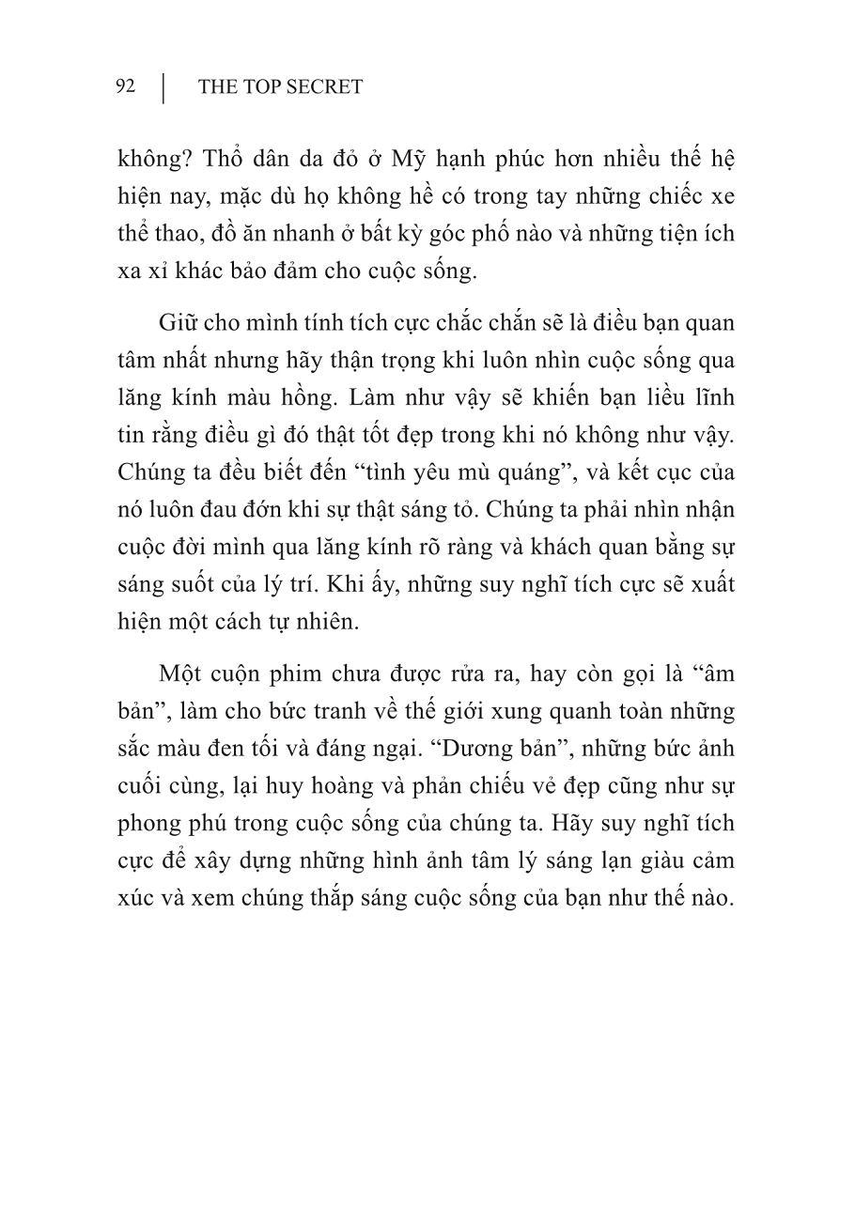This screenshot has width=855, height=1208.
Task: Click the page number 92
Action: point(126,87)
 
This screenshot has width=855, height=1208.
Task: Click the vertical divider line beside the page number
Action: point(164,87)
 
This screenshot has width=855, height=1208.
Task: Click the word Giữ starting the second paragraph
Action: point(178,322)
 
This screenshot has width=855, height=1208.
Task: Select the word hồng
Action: point(327,397)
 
